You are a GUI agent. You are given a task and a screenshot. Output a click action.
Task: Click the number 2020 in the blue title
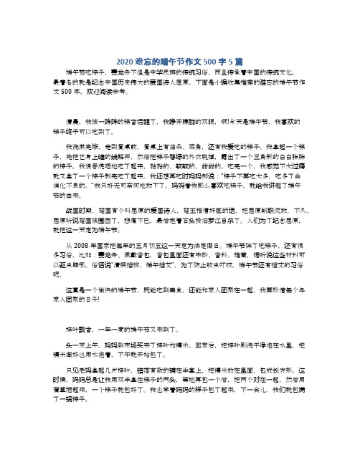pos(125,60)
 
